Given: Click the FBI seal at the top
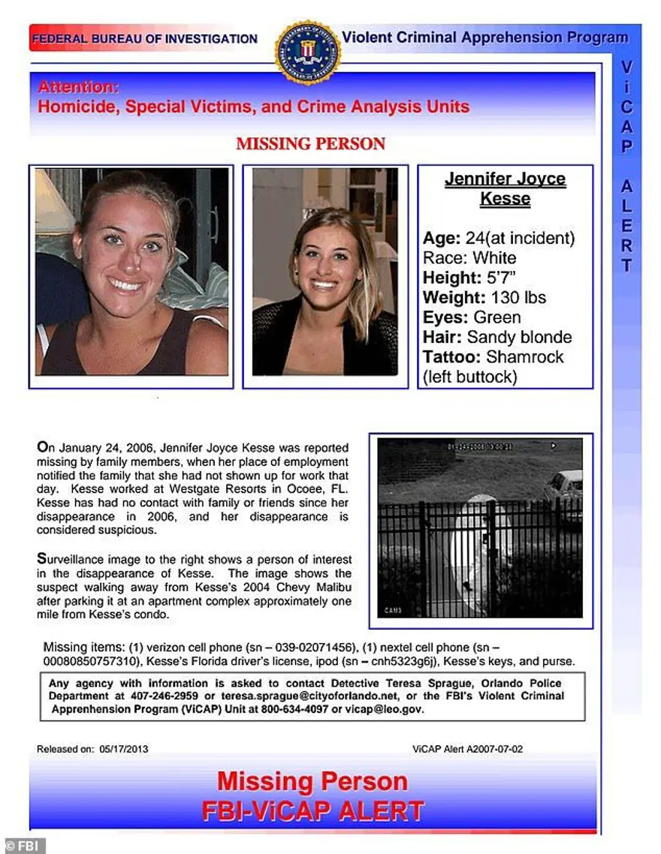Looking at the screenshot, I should pos(308,53).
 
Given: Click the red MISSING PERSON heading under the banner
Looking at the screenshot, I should pos(311,143).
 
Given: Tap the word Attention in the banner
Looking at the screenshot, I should pos(78,86).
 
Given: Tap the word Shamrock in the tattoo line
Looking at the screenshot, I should pos(524,356).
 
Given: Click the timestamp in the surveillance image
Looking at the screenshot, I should pos(481,447).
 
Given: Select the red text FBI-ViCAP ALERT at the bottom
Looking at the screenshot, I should pos(312,810).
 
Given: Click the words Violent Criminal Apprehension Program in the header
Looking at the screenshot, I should pos(484,37).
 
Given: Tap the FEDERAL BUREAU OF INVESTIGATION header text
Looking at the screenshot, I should pos(145,39).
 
